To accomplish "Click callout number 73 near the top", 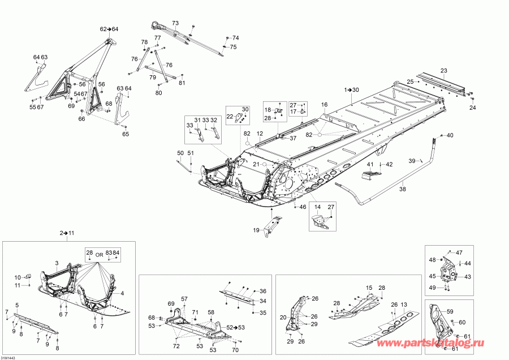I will coord(175,23).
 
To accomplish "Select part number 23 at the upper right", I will coord(444,70).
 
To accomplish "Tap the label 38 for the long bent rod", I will coord(402,190).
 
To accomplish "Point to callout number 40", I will coord(450,135).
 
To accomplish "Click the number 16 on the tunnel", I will coord(325,105).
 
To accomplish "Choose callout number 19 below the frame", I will coord(257,230).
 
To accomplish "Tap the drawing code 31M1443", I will coord(8,357).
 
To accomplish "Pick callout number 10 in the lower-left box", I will coord(17,277).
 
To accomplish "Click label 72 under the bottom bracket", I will coord(176,346).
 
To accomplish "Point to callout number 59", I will coord(450,311).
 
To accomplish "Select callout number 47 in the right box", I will coord(459,252).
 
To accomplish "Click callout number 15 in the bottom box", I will coord(369,288).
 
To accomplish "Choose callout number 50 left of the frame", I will coord(180,153).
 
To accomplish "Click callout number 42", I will coord(389,164).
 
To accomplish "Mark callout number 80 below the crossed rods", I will coord(158,93).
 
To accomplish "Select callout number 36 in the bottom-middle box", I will coord(262,290).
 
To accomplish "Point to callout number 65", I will coord(126,134).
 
